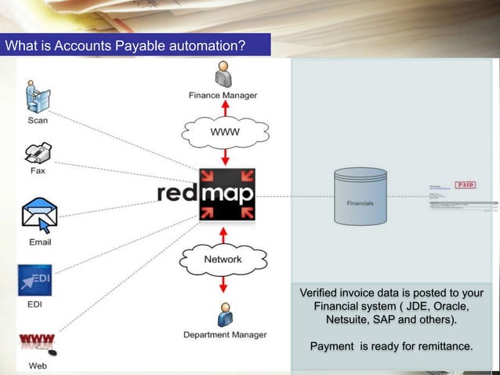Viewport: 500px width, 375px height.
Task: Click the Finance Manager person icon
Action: [x=223, y=75]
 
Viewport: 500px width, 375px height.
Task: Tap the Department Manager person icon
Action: [x=224, y=315]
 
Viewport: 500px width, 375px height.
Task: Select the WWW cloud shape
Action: [x=223, y=132]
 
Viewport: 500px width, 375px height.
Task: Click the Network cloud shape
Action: [x=223, y=258]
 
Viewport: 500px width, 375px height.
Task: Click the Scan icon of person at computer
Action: [x=36, y=96]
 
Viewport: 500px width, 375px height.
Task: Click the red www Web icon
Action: [x=36, y=342]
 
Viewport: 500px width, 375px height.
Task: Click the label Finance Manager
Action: [x=223, y=96]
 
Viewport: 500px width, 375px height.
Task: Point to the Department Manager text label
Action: [x=224, y=334]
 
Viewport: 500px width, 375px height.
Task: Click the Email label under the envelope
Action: [x=40, y=242]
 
